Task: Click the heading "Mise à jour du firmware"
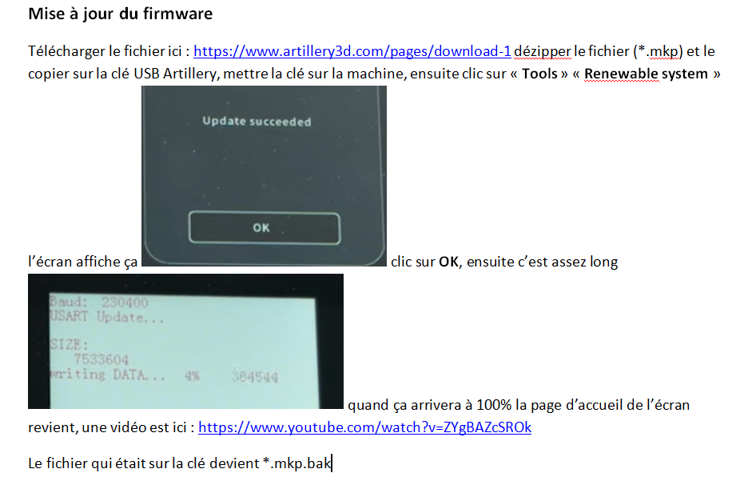(x=121, y=14)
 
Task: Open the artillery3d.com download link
(x=352, y=51)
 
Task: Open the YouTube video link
(x=364, y=427)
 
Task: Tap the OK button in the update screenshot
(x=265, y=228)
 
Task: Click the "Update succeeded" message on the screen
(x=257, y=122)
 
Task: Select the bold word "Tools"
(x=539, y=74)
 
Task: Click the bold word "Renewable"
(x=622, y=74)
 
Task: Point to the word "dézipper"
(x=543, y=52)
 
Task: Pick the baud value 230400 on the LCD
(x=125, y=303)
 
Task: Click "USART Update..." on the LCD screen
(x=107, y=317)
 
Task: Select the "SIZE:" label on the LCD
(x=70, y=344)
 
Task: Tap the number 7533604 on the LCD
(x=101, y=359)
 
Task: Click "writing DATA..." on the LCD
(x=108, y=375)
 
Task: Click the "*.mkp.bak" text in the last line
(x=297, y=463)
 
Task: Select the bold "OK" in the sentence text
(x=448, y=263)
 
